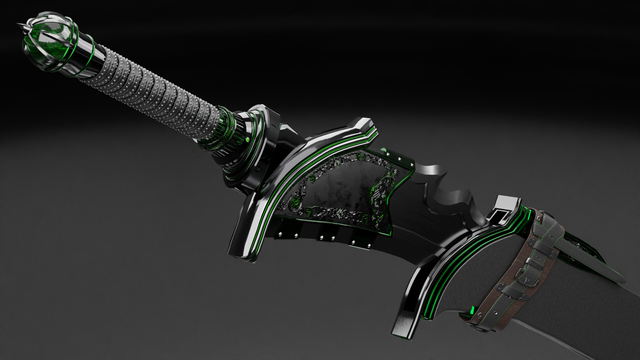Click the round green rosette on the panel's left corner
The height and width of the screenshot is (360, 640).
click(x=295, y=202)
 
